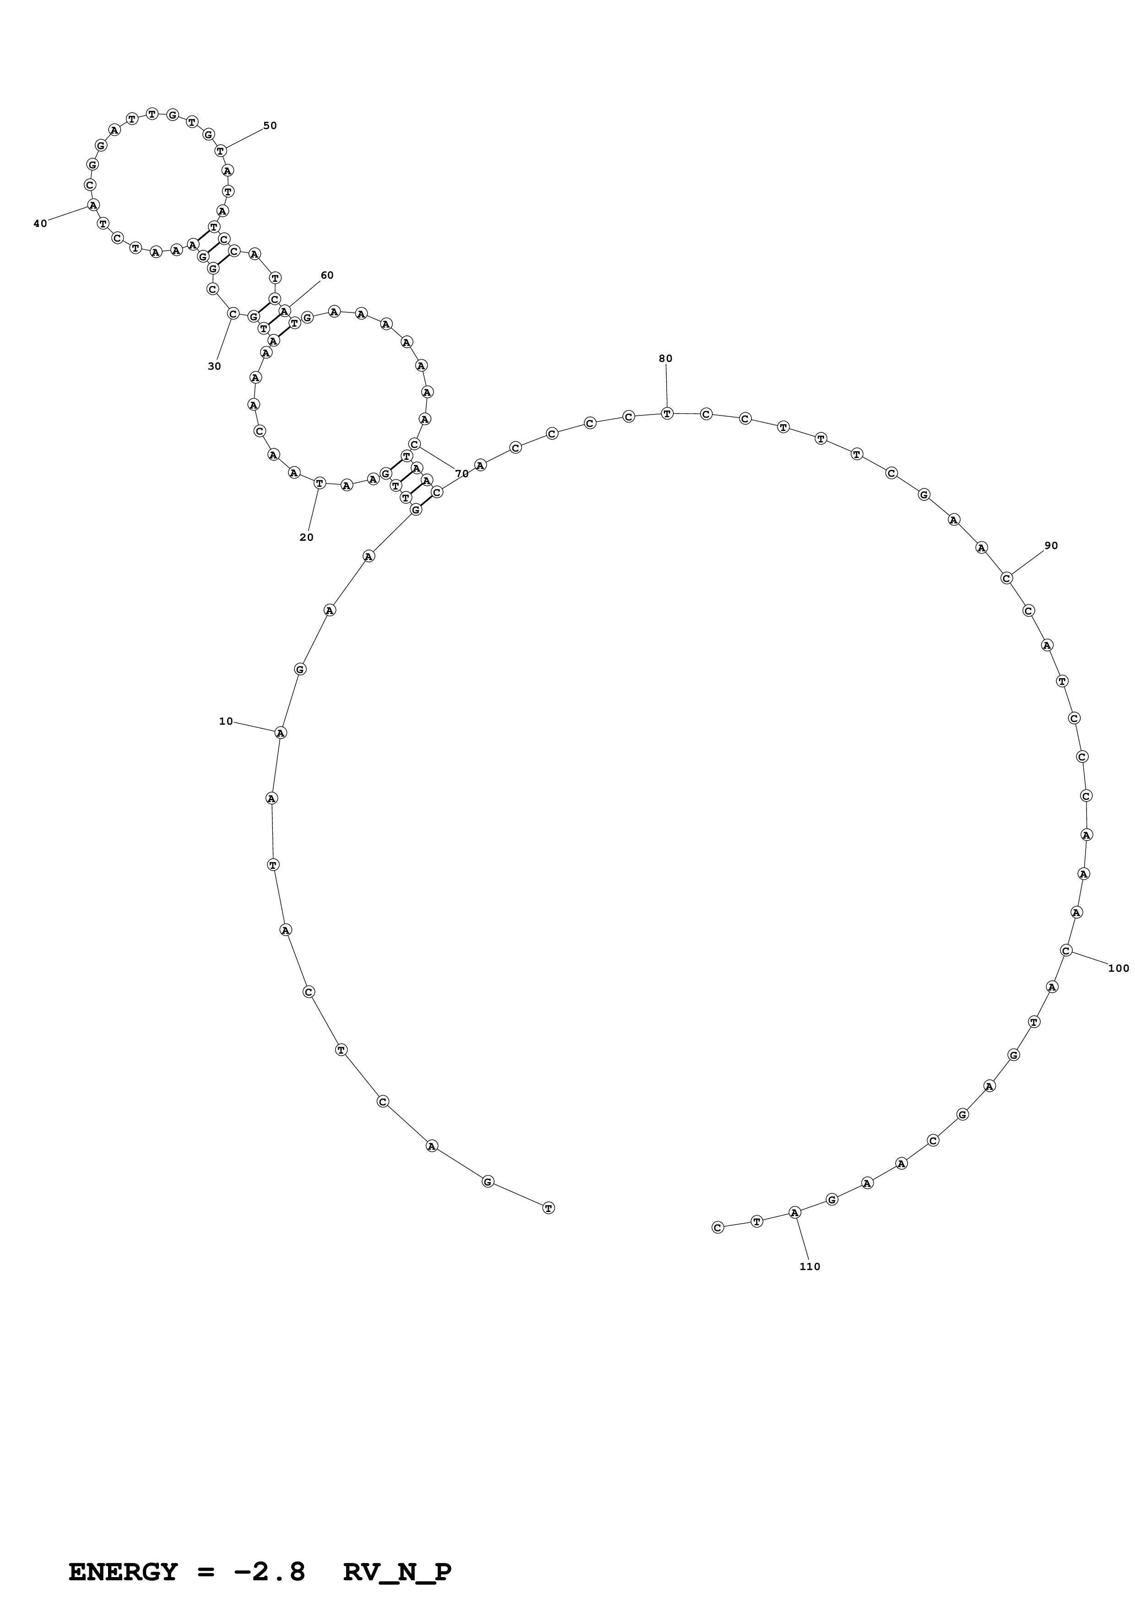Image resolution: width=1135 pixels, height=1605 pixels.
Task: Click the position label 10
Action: coord(225,722)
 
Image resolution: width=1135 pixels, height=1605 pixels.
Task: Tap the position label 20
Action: coord(306,538)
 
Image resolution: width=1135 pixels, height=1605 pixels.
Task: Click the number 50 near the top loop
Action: coord(270,126)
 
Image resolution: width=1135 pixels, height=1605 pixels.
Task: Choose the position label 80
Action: coord(665,359)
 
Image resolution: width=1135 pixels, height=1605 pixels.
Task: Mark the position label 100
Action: coord(1118,968)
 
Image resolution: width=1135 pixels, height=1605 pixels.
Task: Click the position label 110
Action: coord(810,1267)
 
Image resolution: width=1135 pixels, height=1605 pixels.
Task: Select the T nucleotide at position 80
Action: coord(667,414)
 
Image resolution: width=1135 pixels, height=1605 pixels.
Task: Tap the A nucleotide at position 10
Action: coord(280,732)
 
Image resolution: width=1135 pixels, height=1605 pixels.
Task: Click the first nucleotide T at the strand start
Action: coord(548,1208)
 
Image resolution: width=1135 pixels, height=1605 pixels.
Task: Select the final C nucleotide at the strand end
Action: coord(717,1228)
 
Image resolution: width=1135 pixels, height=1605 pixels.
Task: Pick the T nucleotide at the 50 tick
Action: coord(220,150)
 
